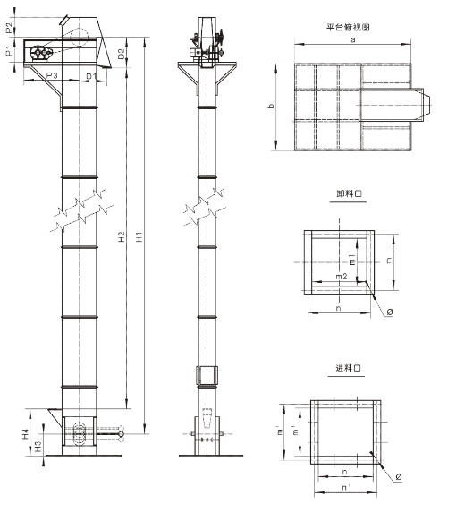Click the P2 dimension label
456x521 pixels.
coord(9,28)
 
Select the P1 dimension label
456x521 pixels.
coord(9,51)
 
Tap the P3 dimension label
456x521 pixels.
coord(52,75)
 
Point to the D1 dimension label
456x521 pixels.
coord(91,76)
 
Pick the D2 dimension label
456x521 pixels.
coord(122,54)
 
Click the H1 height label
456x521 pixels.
coord(139,237)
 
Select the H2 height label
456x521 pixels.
coord(122,236)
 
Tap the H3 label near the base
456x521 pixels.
coord(38,446)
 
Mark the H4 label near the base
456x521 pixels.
coord(26,433)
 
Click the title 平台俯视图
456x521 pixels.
coord(348,27)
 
